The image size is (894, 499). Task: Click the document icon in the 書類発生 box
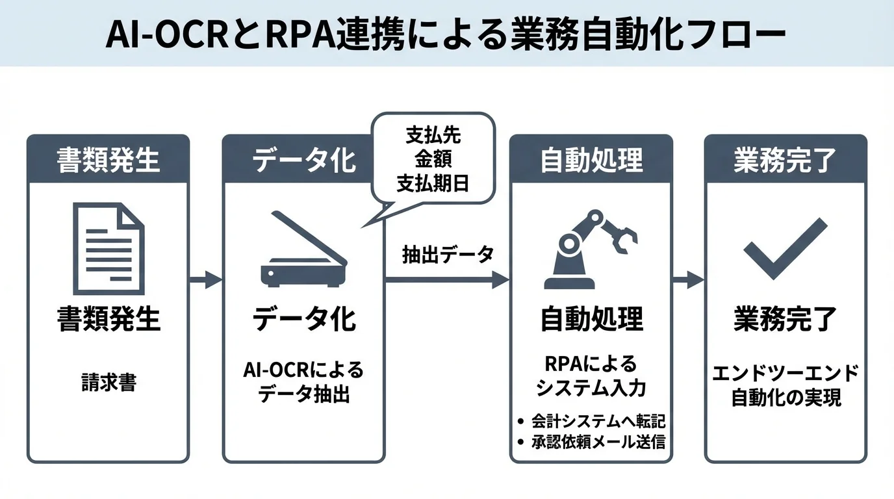click(108, 248)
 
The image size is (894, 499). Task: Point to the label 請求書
click(109, 382)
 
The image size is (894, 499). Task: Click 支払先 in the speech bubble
click(433, 136)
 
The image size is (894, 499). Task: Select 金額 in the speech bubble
click(433, 159)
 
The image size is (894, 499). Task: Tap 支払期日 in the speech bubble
click(433, 183)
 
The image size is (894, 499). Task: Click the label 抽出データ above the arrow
click(448, 254)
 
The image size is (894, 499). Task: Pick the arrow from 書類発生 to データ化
click(205, 280)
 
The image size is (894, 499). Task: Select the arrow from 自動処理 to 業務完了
click(688, 280)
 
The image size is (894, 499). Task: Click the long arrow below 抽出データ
click(447, 280)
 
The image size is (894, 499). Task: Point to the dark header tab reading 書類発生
click(109, 160)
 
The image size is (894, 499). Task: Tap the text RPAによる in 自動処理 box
click(590, 364)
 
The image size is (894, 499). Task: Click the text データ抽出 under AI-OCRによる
click(303, 394)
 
